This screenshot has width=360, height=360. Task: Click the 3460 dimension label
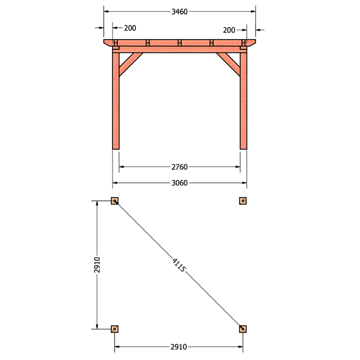(x=179, y=12)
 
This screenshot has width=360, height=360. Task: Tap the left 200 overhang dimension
(x=130, y=28)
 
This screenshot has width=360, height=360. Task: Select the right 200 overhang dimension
(x=229, y=30)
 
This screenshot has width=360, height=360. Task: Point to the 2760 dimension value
(x=179, y=167)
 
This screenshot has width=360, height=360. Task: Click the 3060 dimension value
(x=179, y=183)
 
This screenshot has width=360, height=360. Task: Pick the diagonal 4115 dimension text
(x=179, y=265)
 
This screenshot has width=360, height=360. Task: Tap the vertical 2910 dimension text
(x=97, y=265)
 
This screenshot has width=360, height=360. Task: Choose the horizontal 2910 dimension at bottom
(x=178, y=347)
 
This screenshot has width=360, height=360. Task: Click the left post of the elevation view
(x=116, y=101)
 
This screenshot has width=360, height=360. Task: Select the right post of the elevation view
(x=243, y=101)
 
